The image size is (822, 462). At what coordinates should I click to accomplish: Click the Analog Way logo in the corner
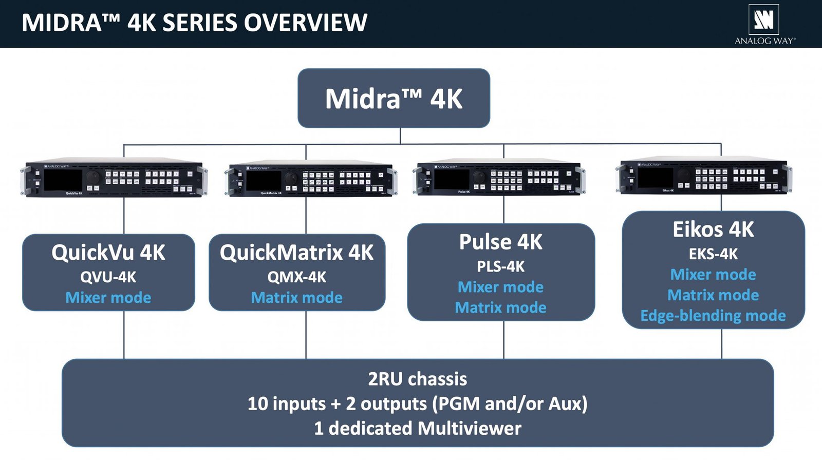click(x=764, y=24)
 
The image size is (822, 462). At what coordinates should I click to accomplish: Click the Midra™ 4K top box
click(x=394, y=98)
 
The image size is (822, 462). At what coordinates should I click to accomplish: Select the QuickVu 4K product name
click(x=108, y=253)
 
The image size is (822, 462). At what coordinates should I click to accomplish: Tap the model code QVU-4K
click(x=108, y=277)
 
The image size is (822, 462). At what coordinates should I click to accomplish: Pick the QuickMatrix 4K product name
click(x=296, y=253)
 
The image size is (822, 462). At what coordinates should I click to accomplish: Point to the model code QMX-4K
click(x=296, y=277)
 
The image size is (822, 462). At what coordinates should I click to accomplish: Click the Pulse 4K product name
click(x=500, y=242)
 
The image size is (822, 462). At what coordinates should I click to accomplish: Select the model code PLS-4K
click(x=500, y=266)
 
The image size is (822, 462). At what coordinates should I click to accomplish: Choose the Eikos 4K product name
click(x=713, y=229)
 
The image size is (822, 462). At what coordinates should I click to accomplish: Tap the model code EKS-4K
click(x=713, y=254)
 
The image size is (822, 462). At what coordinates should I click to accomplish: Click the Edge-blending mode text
click(x=713, y=315)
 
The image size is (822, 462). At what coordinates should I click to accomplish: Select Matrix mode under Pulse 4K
click(x=500, y=307)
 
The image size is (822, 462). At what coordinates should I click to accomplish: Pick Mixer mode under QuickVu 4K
click(x=108, y=298)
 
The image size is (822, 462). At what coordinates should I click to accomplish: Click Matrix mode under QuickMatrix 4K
click(x=296, y=298)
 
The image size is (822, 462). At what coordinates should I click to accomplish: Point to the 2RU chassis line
click(x=417, y=379)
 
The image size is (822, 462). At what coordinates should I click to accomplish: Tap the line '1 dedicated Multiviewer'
click(x=417, y=428)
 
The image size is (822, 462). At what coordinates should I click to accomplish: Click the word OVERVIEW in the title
click(x=305, y=23)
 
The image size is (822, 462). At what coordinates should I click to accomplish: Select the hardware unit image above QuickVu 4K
click(x=114, y=178)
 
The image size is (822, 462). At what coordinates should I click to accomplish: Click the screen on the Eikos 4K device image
click(x=655, y=178)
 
